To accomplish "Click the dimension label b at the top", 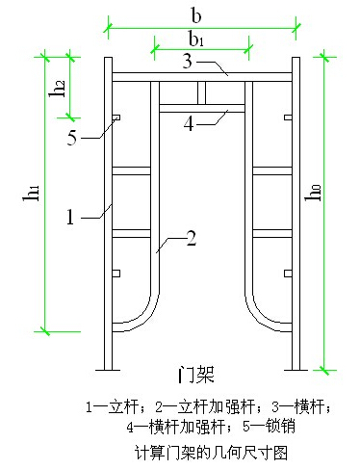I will [196, 14].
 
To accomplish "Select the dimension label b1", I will [197, 39].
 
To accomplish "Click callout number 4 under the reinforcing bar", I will [190, 122].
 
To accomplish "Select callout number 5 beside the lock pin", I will [72, 136].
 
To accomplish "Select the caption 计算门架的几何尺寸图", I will [199, 450].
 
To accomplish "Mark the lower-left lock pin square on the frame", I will [115, 274].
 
